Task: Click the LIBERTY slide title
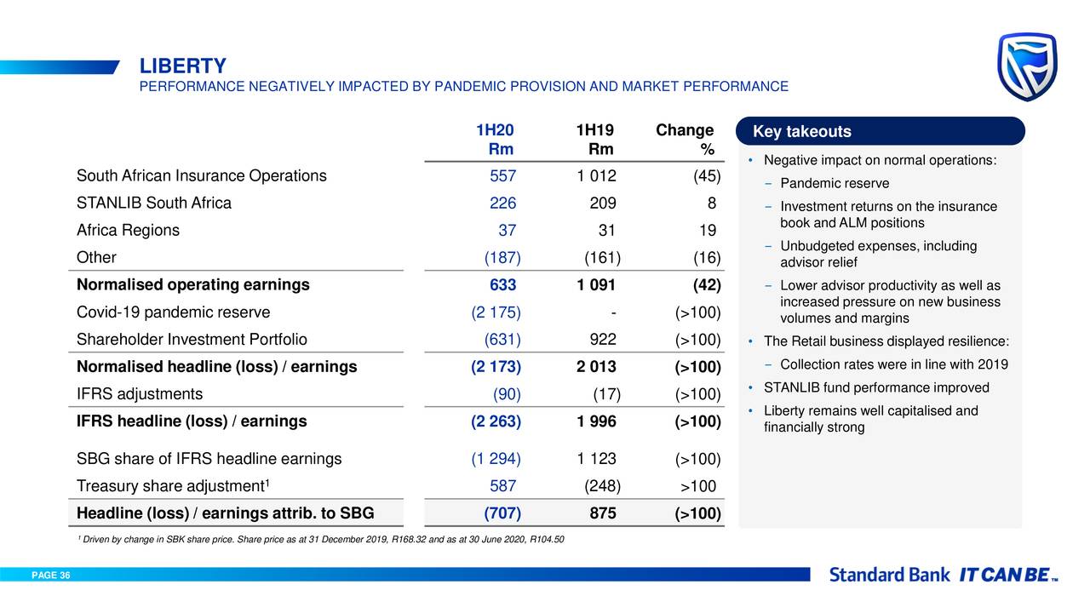click(x=183, y=66)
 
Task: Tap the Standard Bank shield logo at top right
click(x=1027, y=66)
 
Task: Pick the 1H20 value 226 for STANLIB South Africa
click(x=502, y=203)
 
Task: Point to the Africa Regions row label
click(x=128, y=231)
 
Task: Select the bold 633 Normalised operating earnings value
click(x=502, y=285)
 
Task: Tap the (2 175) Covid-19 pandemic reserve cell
click(x=496, y=312)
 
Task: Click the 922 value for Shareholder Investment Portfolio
click(x=602, y=340)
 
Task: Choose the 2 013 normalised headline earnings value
click(x=596, y=368)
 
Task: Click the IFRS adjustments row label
click(x=140, y=394)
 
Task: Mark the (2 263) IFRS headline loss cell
click(x=496, y=421)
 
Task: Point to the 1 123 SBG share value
click(x=596, y=459)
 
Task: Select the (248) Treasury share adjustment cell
click(x=602, y=486)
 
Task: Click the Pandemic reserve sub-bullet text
click(x=835, y=184)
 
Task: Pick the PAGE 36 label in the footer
click(x=51, y=576)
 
